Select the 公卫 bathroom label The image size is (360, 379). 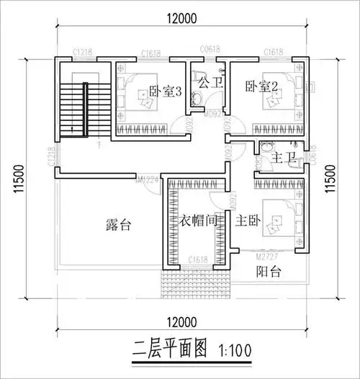point(210,83)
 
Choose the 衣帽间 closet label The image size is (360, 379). point(199,221)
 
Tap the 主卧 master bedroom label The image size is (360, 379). point(241,221)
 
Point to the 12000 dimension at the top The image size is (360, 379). point(179,19)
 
